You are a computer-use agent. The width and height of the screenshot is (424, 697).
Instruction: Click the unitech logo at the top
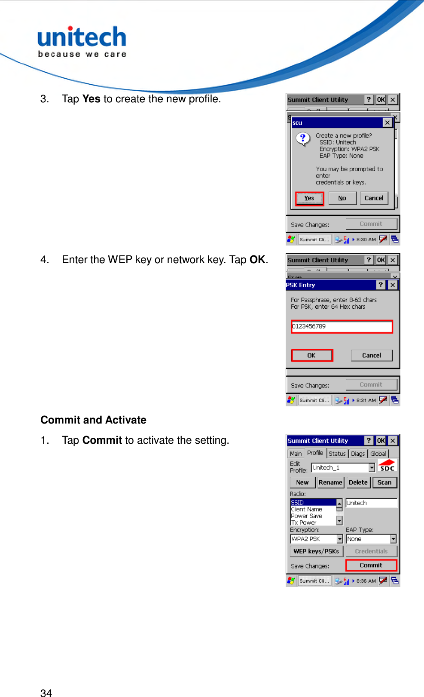(82, 41)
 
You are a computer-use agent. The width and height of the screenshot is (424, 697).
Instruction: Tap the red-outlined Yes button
(309, 198)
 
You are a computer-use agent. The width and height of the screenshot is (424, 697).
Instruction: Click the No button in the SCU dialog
(342, 198)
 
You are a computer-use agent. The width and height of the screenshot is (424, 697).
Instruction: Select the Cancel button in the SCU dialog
(374, 198)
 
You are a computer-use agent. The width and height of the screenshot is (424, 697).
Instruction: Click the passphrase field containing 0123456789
(342, 326)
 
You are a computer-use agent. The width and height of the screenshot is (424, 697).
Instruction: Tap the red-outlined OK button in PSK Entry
(311, 356)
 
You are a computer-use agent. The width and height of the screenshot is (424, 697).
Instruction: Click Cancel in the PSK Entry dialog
(371, 356)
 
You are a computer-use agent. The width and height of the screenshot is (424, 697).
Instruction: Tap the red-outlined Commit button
(371, 565)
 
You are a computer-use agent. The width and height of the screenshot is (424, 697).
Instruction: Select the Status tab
(337, 454)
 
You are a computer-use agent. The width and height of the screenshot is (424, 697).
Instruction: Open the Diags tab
(357, 454)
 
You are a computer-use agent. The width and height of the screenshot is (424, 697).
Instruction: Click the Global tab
(378, 454)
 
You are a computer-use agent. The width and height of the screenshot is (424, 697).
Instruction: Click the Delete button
(358, 482)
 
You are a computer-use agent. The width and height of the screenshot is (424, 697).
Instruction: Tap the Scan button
(384, 482)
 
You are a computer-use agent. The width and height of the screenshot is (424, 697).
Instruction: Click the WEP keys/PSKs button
(316, 551)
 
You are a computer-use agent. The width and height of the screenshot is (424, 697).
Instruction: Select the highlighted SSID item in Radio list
(312, 502)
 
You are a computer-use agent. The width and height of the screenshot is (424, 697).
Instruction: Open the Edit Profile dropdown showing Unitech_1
(372, 467)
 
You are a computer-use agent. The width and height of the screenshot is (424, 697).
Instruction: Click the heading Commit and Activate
(93, 420)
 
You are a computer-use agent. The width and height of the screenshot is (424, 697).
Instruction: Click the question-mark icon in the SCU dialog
(303, 139)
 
